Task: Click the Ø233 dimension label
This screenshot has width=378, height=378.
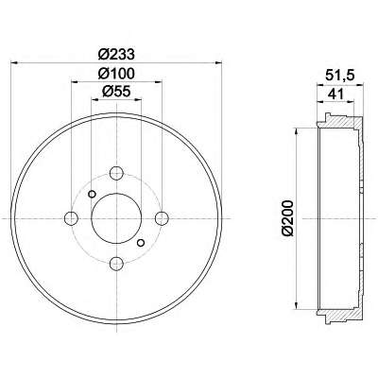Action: pyautogui.click(x=116, y=55)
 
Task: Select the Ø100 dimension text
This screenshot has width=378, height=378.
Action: pyautogui.click(x=116, y=74)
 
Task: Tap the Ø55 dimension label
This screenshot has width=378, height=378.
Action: pyautogui.click(x=116, y=92)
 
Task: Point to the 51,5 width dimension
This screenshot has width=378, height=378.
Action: pyautogui.click(x=340, y=76)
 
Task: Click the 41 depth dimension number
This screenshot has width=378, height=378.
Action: pyautogui.click(x=335, y=94)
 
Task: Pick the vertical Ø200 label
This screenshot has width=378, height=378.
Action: pyautogui.click(x=287, y=217)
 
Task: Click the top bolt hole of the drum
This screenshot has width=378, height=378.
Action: pyautogui.click(x=116, y=173)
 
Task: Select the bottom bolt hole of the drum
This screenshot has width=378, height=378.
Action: pyautogui.click(x=116, y=263)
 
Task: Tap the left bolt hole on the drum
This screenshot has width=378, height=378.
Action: pyautogui.click(x=71, y=218)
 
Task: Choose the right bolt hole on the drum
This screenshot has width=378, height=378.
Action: pyautogui.click(x=162, y=218)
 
